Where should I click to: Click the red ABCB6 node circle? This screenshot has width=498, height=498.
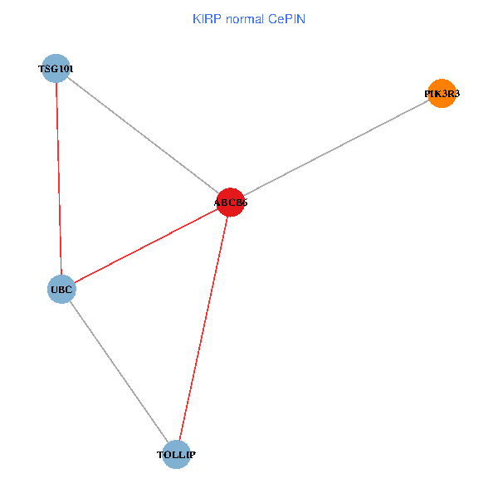tap(231, 202)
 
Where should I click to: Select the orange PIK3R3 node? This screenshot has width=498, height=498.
tap(442, 94)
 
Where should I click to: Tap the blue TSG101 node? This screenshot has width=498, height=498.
tap(56, 69)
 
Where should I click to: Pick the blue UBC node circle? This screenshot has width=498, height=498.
tap(62, 290)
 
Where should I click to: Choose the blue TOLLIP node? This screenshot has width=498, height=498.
tap(176, 455)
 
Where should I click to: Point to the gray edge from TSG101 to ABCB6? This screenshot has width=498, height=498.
tap(143, 135)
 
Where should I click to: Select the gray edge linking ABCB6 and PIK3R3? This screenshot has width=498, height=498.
tap(336, 148)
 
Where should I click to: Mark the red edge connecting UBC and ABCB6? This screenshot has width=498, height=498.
tap(146, 246)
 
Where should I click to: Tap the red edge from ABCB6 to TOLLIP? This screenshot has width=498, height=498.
tap(203, 328)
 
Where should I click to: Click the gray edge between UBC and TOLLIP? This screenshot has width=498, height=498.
tap(119, 372)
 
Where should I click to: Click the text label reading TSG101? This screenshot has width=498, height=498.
tap(56, 69)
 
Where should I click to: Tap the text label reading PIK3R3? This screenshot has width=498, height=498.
tap(442, 94)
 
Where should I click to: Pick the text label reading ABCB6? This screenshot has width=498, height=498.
tap(231, 202)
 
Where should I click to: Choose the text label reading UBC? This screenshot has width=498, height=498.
tap(62, 290)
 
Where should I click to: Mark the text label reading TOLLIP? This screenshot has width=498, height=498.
tap(176, 455)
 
